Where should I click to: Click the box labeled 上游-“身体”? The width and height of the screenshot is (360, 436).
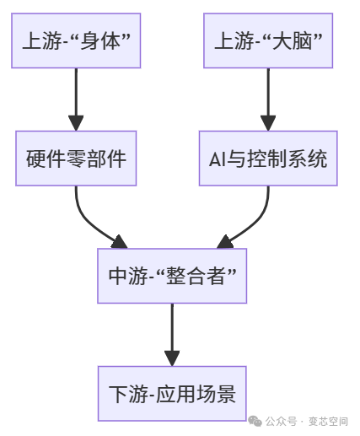point(76,40)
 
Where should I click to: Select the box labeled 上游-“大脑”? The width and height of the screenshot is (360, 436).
point(268,40)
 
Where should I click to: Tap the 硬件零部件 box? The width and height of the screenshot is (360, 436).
point(76,158)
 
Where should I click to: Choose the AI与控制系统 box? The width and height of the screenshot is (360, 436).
point(268,158)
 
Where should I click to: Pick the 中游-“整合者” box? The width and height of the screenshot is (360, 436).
point(172,276)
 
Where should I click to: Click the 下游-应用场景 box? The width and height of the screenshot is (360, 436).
point(172,393)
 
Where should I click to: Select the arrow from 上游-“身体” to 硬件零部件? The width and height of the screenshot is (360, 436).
point(76,99)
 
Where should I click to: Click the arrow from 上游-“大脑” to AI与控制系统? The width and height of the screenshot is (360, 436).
point(268,99)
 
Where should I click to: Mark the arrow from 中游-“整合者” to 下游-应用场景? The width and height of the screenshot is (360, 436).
point(172,334)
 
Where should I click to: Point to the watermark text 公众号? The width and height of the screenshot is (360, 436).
point(282,421)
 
